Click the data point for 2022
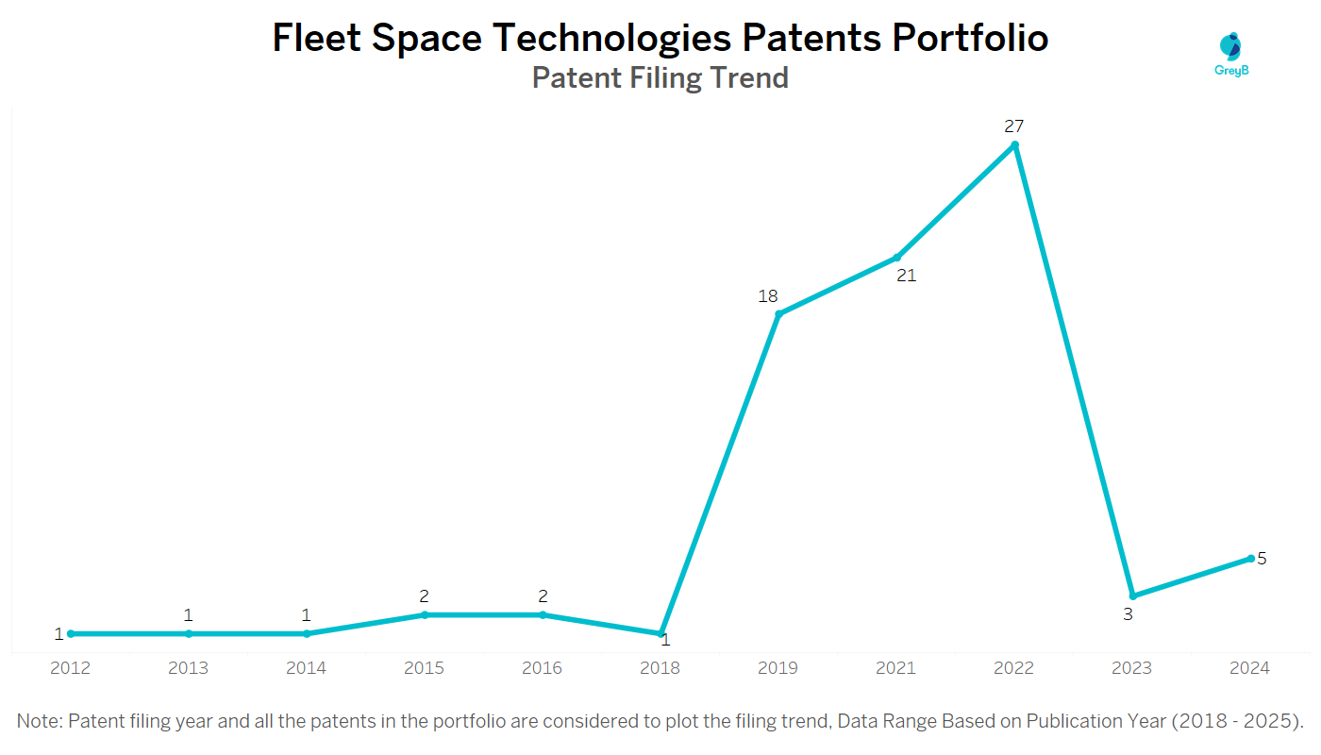1014,144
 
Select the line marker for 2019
778,314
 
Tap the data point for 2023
1132,596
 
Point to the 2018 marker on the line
660,633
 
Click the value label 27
1014,126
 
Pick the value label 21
906,276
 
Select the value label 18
768,296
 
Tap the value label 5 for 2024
1262,558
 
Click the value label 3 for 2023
1128,613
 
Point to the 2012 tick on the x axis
71,668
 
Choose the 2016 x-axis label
543,668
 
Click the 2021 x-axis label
896,668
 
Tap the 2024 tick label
1250,668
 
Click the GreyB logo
1231,54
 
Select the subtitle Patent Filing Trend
660,77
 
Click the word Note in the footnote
39,722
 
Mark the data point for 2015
425,614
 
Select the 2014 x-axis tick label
307,668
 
